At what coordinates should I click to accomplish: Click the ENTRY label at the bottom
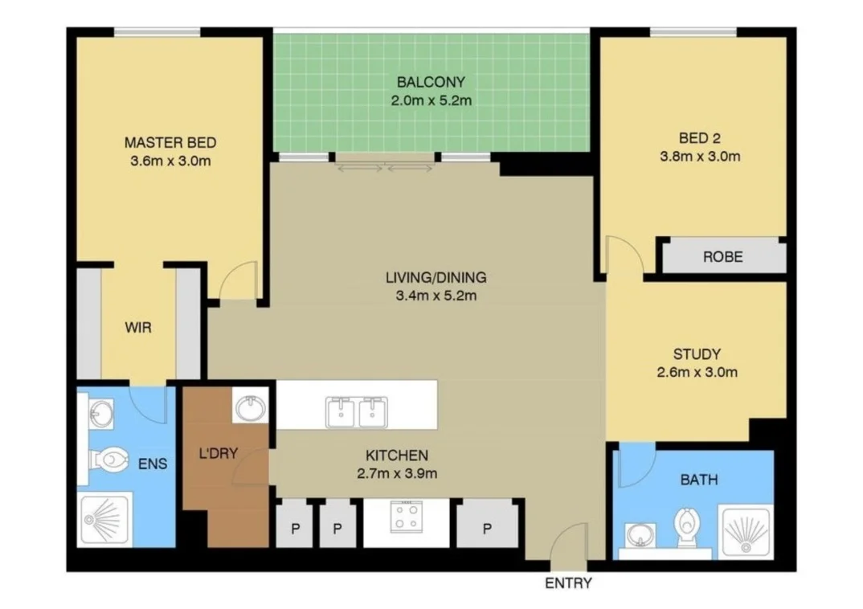tap(568, 583)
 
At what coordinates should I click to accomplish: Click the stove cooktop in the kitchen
tap(406, 516)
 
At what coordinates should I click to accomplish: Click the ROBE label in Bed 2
tap(722, 257)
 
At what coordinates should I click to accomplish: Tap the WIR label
tap(137, 328)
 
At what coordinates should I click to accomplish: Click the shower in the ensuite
tap(105, 519)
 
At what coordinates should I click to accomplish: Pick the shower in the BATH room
tap(745, 530)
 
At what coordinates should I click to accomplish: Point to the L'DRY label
tap(218, 453)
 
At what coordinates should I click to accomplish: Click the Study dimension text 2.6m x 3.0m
tap(697, 372)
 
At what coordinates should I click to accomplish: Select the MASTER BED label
tap(170, 143)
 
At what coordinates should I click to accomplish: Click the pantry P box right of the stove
tap(487, 529)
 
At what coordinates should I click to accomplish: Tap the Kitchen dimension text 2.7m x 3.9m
tap(397, 473)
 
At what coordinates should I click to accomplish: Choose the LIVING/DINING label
tap(436, 278)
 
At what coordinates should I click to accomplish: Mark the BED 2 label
tap(699, 137)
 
